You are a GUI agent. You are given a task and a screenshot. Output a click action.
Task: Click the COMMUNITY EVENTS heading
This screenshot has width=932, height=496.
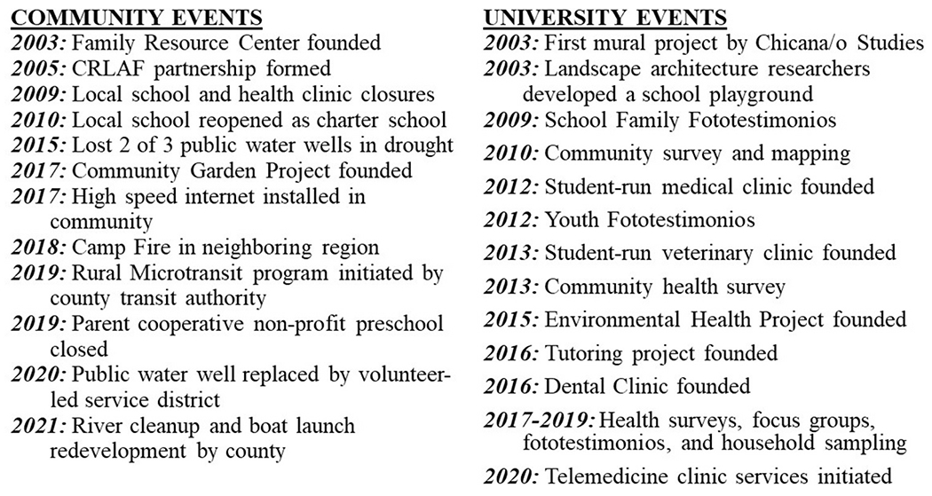pyautogui.click(x=135, y=19)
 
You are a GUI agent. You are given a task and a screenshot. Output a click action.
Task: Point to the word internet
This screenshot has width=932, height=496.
pyautogui.click(x=219, y=196)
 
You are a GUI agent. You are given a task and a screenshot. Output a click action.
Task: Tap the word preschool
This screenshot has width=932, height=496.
pyautogui.click(x=397, y=324)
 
